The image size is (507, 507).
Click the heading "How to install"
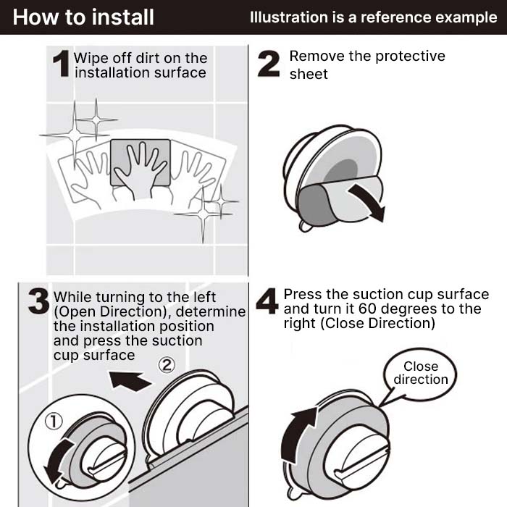83,17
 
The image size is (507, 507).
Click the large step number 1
62,64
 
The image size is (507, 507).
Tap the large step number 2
269,64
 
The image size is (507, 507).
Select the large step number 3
39,302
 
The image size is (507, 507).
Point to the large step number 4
267,302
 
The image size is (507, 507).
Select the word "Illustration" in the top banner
287,17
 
